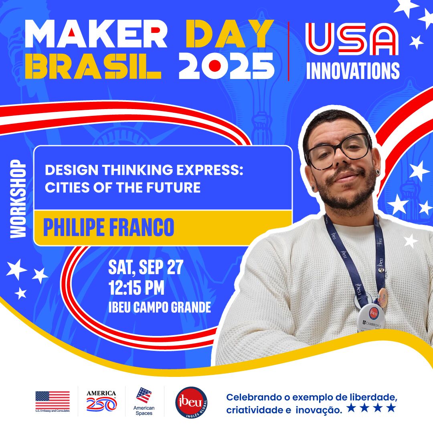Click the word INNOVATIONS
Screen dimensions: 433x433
coord(353,71)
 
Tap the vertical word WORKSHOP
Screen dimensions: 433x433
coord(18,199)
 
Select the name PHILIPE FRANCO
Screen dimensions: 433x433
coord(109,227)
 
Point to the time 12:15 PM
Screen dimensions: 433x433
coord(136,288)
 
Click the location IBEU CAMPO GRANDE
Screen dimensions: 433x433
coord(160,308)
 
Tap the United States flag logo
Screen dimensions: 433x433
coord(52,400)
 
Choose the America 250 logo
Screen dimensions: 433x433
coord(101,401)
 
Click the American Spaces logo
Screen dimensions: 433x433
coord(144,400)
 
